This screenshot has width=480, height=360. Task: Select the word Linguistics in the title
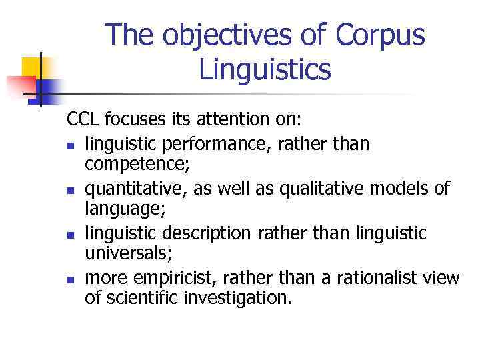(x=265, y=69)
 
